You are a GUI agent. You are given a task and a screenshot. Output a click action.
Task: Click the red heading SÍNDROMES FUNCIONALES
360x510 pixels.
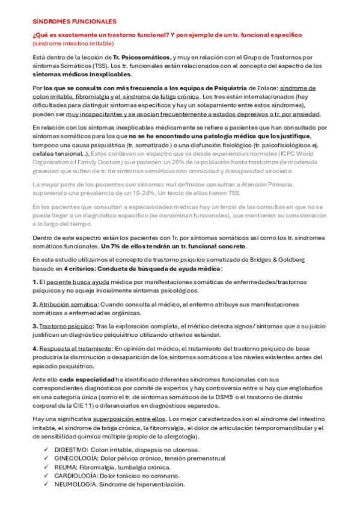(66, 20)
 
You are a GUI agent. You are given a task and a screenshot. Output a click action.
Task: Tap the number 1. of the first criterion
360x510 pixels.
(35, 281)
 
